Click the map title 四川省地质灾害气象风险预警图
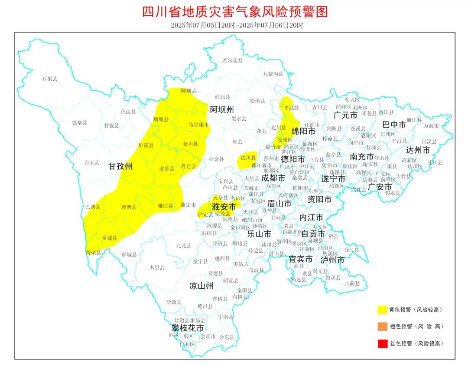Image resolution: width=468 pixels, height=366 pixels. pyautogui.click(x=235, y=11)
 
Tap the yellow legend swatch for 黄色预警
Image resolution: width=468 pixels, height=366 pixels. pyautogui.click(x=382, y=310)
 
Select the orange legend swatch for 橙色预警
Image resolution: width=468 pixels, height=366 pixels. pyautogui.click(x=382, y=326)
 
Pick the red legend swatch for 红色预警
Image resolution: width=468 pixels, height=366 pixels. pyautogui.click(x=382, y=343)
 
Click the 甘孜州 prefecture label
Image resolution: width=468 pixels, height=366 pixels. pyautogui.click(x=120, y=166)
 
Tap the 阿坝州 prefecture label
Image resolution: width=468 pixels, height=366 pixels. pyautogui.click(x=222, y=109)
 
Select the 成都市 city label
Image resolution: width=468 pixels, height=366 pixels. pyautogui.click(x=273, y=178)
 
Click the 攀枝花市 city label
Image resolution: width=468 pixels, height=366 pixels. pyautogui.click(x=187, y=328)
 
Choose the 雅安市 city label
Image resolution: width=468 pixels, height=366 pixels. pyautogui.click(x=224, y=206)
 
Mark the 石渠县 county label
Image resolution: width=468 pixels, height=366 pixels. pyautogui.click(x=50, y=79)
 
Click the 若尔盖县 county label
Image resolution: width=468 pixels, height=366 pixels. pyautogui.click(x=233, y=60)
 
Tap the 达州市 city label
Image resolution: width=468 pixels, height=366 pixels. pyautogui.click(x=418, y=150)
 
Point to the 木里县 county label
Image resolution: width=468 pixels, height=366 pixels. pyautogui.click(x=157, y=267)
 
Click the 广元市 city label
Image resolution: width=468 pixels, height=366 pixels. pyautogui.click(x=345, y=115)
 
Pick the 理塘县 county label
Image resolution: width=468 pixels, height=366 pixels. pyautogui.click(x=129, y=208)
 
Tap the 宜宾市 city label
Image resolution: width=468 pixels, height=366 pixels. pyautogui.click(x=301, y=259)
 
